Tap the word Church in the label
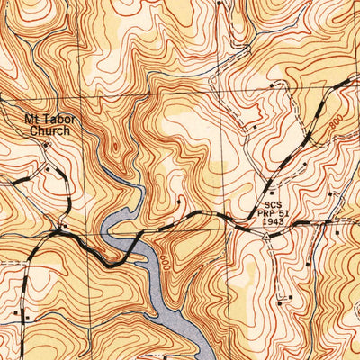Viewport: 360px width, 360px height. click(x=49, y=130)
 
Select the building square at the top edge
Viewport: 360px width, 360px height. click(x=219, y=4)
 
